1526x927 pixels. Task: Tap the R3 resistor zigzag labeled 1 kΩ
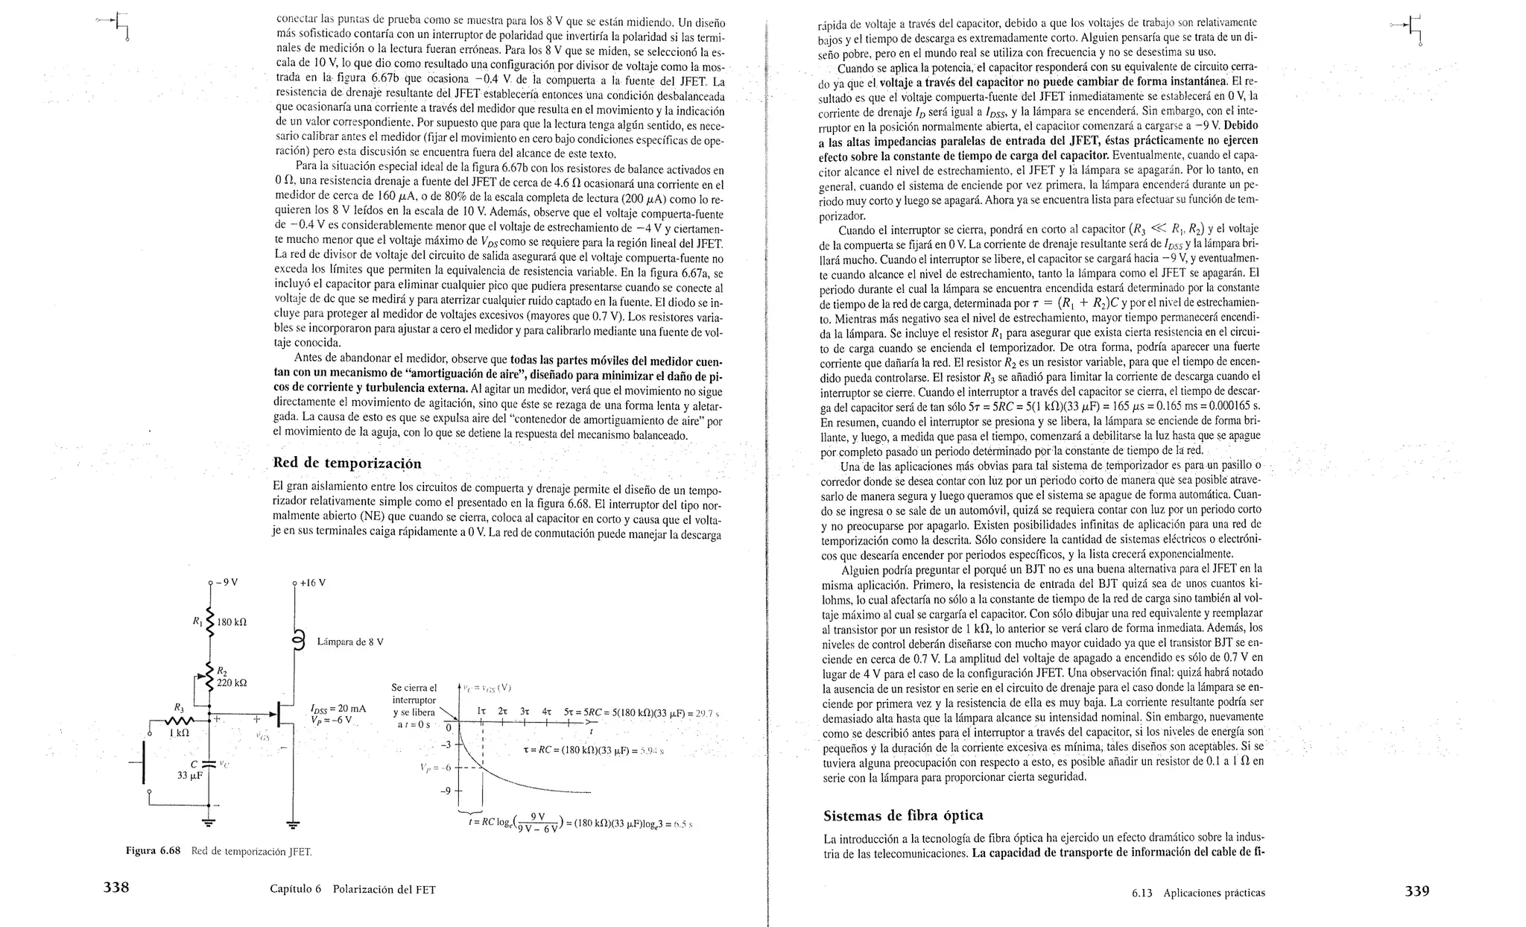(x=179, y=721)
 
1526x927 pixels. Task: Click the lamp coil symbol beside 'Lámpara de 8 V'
(x=300, y=641)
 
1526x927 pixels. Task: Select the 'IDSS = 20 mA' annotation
(x=338, y=709)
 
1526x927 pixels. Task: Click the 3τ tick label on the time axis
(x=525, y=712)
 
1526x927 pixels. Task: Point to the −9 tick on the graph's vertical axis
(x=446, y=791)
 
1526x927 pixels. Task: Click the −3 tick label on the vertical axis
(x=446, y=744)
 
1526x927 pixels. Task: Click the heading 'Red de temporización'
(x=347, y=463)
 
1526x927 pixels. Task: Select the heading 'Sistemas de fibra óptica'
(x=903, y=814)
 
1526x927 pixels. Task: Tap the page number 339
(x=1416, y=890)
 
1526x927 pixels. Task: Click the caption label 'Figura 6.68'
(x=153, y=850)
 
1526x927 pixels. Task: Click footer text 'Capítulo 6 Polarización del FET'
(x=352, y=889)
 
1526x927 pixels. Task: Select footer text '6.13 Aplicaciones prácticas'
(x=1197, y=892)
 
